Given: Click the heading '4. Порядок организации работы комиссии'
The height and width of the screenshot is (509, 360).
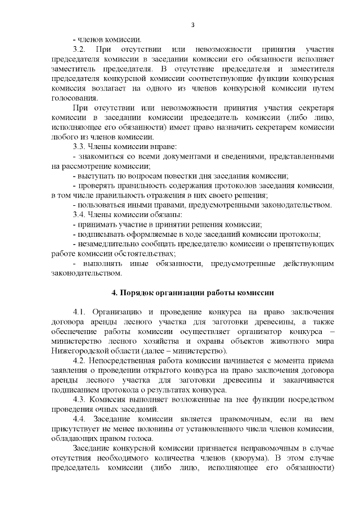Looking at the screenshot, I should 192,292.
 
